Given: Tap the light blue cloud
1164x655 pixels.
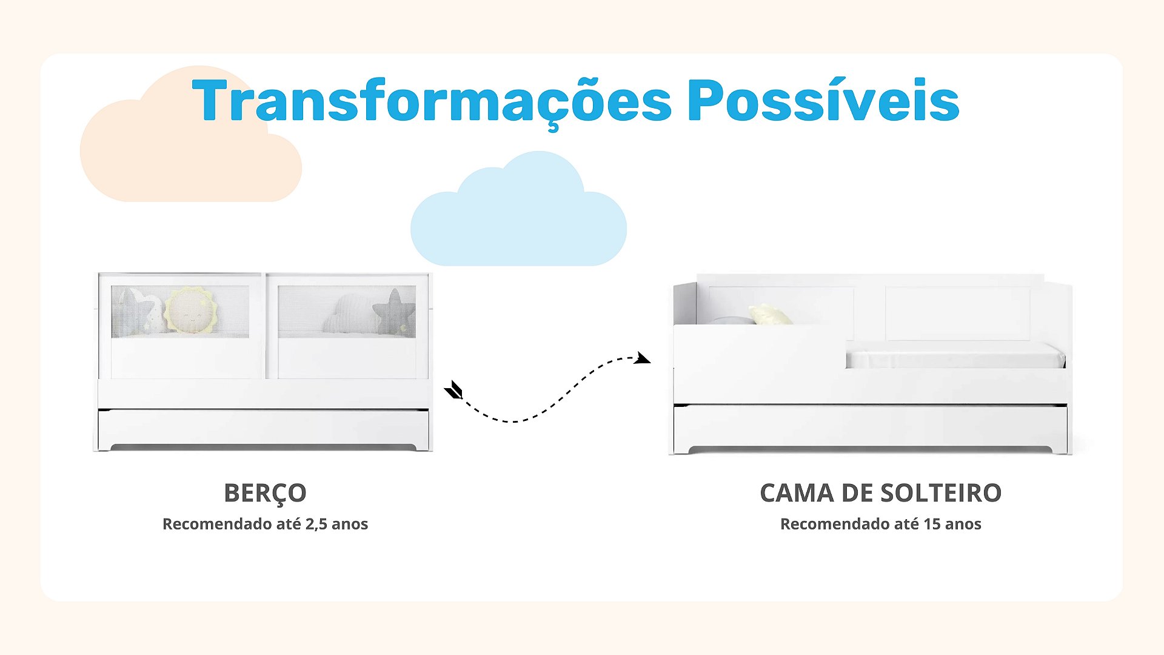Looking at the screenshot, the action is (x=518, y=209).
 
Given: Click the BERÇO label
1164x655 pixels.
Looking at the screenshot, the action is (x=265, y=494).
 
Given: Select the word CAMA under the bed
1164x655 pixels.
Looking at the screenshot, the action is (x=797, y=493).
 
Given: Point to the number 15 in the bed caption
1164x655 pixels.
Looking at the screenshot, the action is (x=932, y=524).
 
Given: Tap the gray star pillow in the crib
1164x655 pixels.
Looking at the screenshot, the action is (x=393, y=312).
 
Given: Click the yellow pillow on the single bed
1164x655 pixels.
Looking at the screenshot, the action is (x=770, y=314).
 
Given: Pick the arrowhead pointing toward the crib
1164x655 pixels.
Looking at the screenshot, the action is (x=453, y=390).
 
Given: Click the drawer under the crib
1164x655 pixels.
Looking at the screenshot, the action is (x=264, y=429).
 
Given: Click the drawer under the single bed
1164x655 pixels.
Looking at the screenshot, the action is (x=870, y=428).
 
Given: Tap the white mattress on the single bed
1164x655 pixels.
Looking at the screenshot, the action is (x=955, y=355).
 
